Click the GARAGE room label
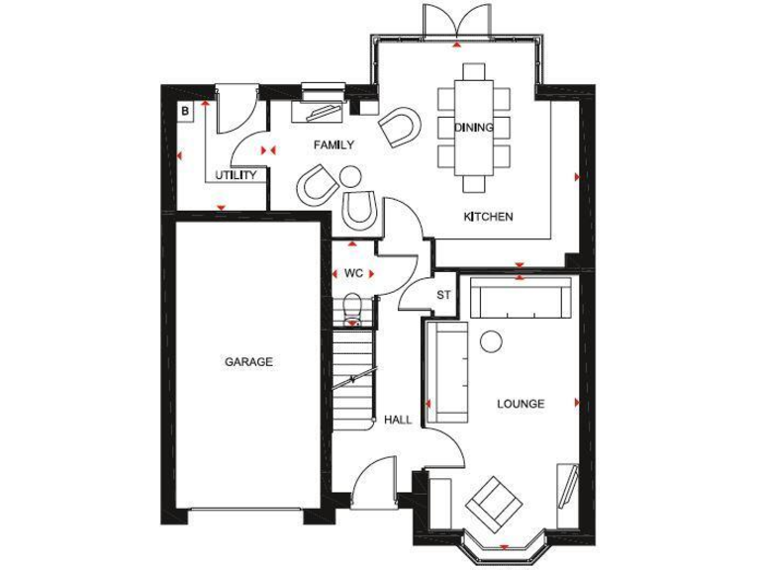point(248,362)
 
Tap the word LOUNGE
point(521,404)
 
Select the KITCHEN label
point(489,217)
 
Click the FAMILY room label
point(333,145)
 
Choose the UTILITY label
point(237,176)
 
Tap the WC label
point(353,273)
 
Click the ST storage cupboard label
point(443,295)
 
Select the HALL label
point(398,420)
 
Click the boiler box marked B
point(184,112)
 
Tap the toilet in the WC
point(353,310)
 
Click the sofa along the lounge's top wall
point(521,298)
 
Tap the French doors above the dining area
point(455,20)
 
